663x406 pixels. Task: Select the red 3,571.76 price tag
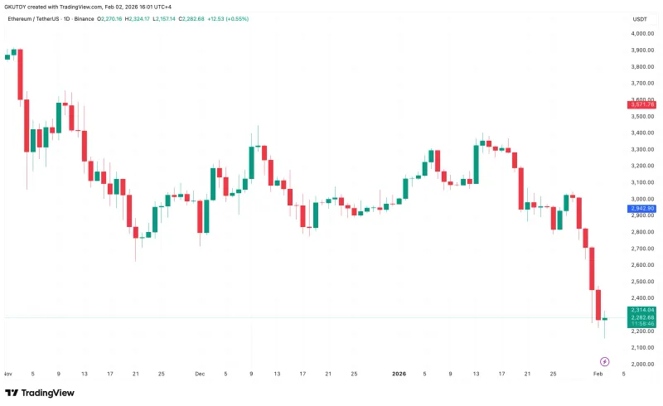pos(641,104)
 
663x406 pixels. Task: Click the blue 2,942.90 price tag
pos(641,209)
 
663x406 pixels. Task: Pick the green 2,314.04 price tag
pos(641,310)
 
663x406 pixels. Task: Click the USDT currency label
pos(640,18)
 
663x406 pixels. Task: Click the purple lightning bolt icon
pos(604,361)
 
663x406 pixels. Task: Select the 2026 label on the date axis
pos(399,374)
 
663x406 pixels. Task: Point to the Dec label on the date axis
pos(200,374)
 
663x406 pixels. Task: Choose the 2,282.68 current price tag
pos(641,317)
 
